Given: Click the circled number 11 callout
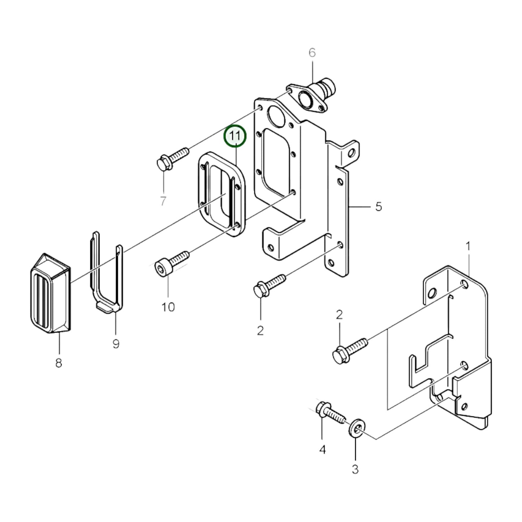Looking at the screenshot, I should [235, 136].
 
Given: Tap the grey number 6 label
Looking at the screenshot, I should [312, 53].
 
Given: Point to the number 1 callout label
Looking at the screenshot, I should [468, 246].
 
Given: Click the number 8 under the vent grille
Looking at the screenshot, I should [59, 363].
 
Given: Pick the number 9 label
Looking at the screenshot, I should [116, 344].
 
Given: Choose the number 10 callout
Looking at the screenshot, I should [168, 307].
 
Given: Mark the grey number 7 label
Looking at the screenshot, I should [163, 200].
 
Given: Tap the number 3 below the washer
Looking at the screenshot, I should [355, 469].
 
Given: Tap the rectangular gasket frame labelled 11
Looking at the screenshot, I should [221, 193].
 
